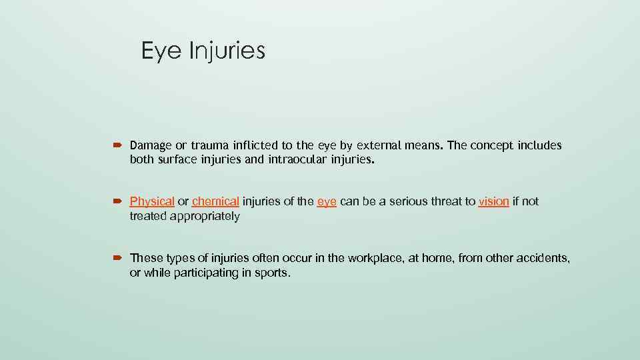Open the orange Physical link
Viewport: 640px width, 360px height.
152,201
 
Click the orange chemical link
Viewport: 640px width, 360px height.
215,201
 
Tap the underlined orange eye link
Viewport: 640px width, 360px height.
327,201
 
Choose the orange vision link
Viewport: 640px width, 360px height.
494,201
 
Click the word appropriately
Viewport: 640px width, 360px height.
204,216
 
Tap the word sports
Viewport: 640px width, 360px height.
273,273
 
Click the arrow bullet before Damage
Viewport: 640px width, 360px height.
119,145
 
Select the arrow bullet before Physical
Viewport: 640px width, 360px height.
119,201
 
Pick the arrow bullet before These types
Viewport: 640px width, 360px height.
119,257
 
